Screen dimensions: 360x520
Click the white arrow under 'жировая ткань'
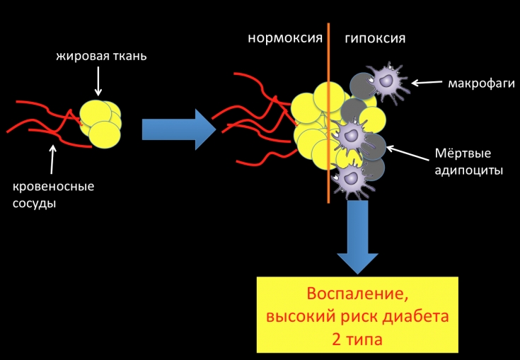(99, 83)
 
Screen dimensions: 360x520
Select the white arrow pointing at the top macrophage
(427, 83)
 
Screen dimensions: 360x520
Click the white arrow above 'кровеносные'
(52, 161)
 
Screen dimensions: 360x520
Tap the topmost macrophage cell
(384, 80)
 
